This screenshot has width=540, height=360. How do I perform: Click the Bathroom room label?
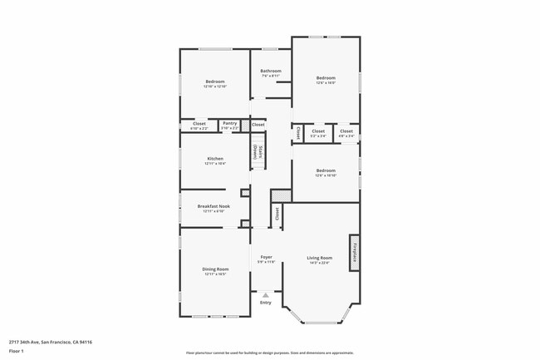(x=271, y=71)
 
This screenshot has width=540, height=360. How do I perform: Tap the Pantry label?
(x=229, y=123)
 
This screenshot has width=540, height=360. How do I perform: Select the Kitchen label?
(x=215, y=158)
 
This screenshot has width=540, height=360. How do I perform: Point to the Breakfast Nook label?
(x=214, y=206)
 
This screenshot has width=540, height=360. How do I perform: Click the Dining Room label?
(x=215, y=269)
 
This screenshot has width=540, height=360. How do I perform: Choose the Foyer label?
(x=267, y=257)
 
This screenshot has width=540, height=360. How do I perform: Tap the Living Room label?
(x=320, y=258)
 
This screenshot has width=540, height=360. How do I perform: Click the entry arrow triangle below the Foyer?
(x=266, y=293)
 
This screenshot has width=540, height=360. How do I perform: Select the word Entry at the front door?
(x=266, y=303)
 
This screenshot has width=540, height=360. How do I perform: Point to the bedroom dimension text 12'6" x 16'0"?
(x=325, y=82)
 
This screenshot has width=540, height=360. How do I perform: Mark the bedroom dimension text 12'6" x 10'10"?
(x=325, y=175)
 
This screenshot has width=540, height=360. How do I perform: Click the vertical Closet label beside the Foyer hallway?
(x=277, y=214)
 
